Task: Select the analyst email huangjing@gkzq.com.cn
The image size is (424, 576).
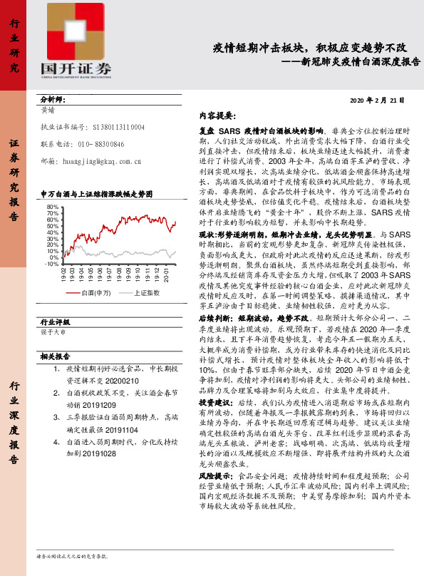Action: click(100, 162)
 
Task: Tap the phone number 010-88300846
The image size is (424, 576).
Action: click(93, 144)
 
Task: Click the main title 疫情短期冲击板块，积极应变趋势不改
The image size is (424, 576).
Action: click(310, 48)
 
